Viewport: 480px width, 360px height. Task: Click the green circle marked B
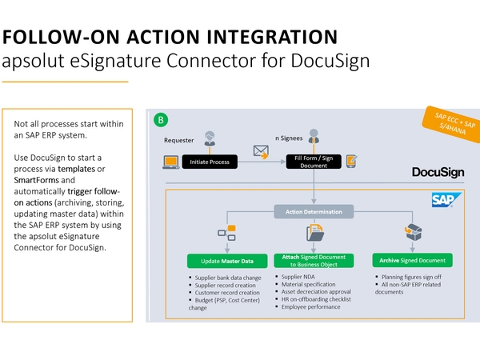[x=161, y=120]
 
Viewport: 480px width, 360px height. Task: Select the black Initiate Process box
[x=210, y=162]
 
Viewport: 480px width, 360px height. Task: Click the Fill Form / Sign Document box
[x=314, y=162]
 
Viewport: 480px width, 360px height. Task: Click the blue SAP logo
[x=443, y=199]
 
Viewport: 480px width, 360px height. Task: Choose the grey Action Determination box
[x=314, y=212]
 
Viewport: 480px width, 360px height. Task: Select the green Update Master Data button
[x=226, y=261]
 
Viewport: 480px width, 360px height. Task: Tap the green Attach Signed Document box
[x=314, y=261]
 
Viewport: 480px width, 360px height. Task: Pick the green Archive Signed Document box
[x=412, y=261]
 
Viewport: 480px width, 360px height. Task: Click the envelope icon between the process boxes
[x=260, y=150]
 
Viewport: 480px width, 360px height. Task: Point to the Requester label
[x=178, y=140]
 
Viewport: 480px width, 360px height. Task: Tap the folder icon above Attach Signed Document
[x=314, y=234]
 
